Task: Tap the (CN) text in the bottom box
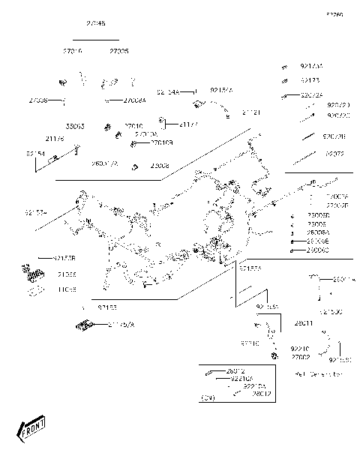pyautogui.click(x=208, y=397)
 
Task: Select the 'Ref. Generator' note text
pyautogui.click(x=318, y=373)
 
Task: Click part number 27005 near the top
pyautogui.click(x=118, y=51)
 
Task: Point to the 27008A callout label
pyautogui.click(x=134, y=100)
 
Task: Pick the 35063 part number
pyautogui.click(x=76, y=126)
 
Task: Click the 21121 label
pyautogui.click(x=251, y=112)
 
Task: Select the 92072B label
pyautogui.click(x=334, y=136)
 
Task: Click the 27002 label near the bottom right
pyautogui.click(x=301, y=357)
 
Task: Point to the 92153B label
pyautogui.click(x=65, y=257)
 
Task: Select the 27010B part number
pyautogui.click(x=161, y=142)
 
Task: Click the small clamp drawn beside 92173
pyautogui.click(x=284, y=79)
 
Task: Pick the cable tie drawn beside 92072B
pyautogui.click(x=307, y=136)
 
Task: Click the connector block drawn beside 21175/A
pyautogui.click(x=84, y=325)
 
